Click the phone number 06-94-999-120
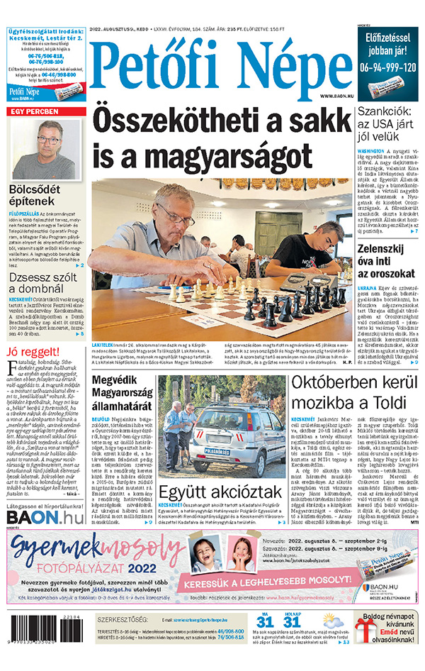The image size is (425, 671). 387,68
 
